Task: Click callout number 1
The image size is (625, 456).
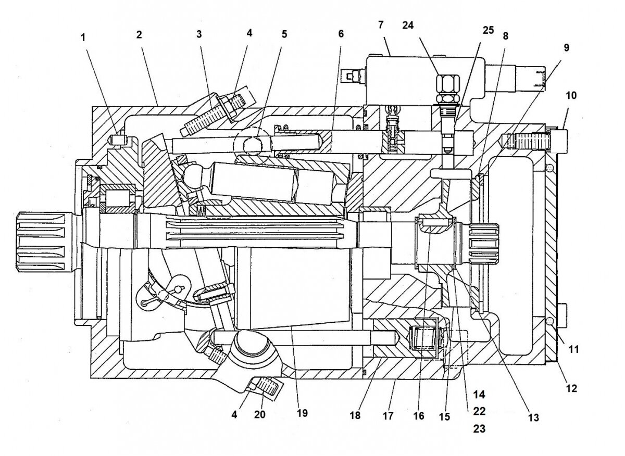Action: pos(82,38)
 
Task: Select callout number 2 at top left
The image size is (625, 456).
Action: pos(139,35)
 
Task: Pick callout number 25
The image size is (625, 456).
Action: pos(488,29)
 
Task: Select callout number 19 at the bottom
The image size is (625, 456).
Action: pos(302,413)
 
